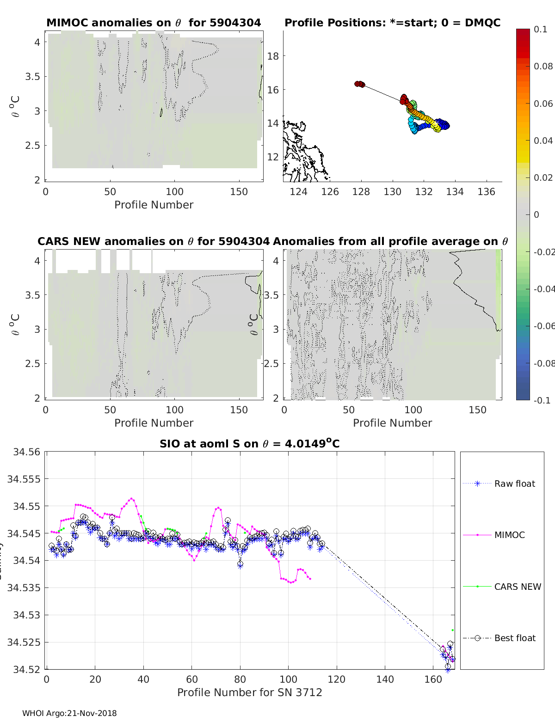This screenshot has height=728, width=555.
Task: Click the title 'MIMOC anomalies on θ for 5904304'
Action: (x=154, y=23)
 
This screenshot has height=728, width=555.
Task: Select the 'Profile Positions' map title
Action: (x=392, y=23)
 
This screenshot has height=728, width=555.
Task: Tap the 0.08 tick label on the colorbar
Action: (x=543, y=66)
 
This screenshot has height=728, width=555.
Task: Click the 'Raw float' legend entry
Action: (x=514, y=483)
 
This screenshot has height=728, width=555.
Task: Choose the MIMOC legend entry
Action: (x=509, y=535)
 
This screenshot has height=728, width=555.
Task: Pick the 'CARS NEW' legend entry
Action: (x=517, y=587)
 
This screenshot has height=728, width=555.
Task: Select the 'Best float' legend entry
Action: (x=514, y=638)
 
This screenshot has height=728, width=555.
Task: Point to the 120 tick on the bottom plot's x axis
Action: (x=337, y=679)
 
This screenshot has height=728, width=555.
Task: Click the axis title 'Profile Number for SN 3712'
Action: (x=249, y=692)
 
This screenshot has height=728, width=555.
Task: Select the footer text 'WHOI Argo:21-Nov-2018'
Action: (x=69, y=713)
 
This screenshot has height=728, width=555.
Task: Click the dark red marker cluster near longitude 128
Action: (x=359, y=84)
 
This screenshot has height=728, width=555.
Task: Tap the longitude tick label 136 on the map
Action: (x=486, y=191)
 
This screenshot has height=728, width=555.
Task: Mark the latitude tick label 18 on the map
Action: (x=273, y=56)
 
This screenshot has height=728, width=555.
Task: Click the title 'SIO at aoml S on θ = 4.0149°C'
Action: (x=249, y=444)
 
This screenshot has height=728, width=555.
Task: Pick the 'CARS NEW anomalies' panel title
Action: (x=153, y=241)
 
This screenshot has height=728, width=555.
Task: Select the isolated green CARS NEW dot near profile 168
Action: (x=453, y=630)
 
